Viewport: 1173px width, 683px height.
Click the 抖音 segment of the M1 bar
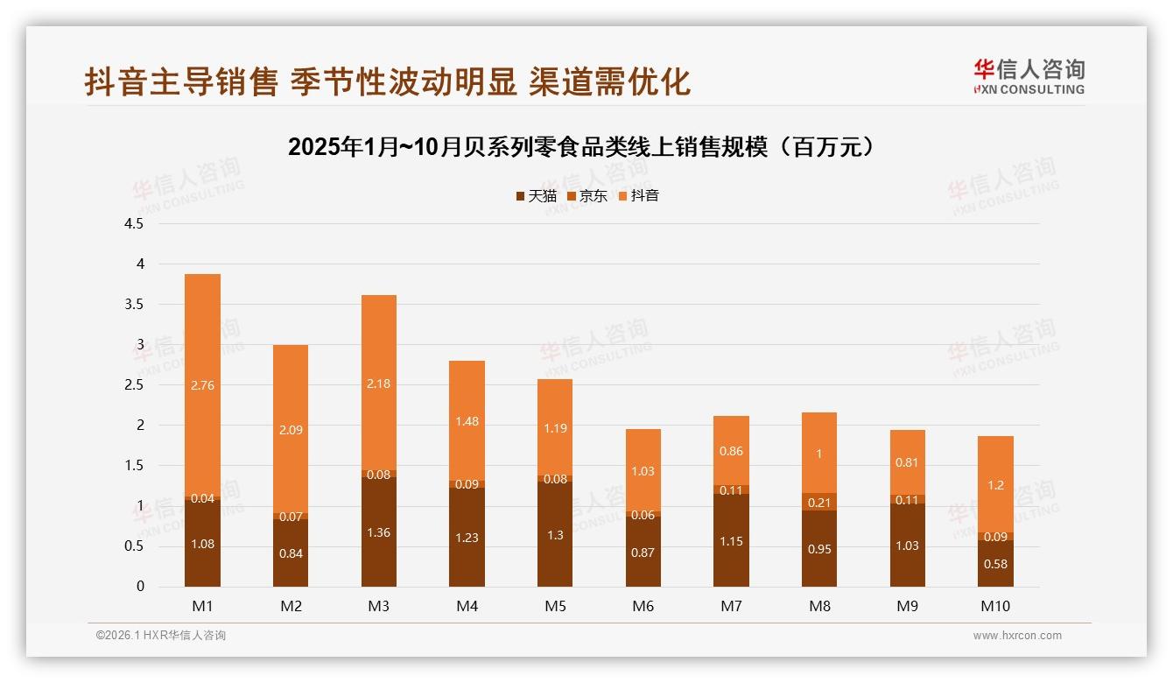(202, 385)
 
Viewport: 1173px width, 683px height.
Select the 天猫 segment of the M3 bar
(379, 532)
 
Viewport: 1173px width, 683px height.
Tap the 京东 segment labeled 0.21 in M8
(819, 502)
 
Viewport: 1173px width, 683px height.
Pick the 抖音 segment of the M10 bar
(996, 484)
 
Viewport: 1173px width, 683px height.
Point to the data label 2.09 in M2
(291, 430)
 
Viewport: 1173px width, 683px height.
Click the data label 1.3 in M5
(555, 536)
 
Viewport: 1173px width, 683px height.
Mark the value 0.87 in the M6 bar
(643, 553)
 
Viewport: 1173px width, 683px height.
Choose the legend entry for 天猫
(536, 195)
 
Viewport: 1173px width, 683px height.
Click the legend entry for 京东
(587, 195)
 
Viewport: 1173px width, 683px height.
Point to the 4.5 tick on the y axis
(134, 223)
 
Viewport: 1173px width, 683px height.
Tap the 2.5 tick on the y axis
(134, 385)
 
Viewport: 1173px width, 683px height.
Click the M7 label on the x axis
(731, 606)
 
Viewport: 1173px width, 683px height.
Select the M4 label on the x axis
(467, 606)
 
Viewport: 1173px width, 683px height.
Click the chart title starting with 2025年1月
(581, 146)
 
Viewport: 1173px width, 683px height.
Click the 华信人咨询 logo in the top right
(1029, 76)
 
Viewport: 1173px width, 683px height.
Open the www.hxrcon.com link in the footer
(1017, 636)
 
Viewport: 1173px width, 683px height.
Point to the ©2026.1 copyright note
(160, 636)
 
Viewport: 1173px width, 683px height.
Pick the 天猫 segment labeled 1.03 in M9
(908, 545)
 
